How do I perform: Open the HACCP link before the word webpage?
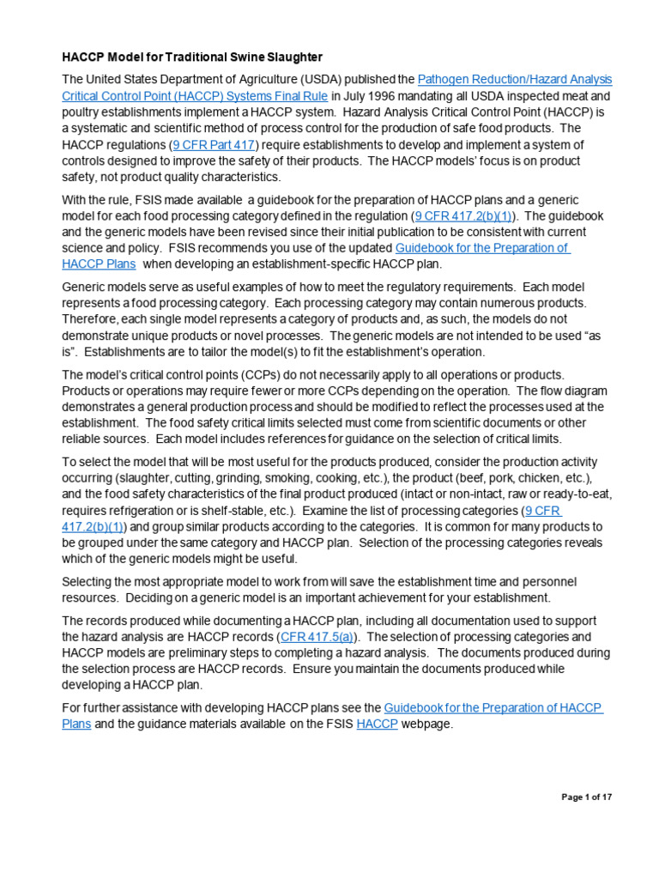click(x=378, y=724)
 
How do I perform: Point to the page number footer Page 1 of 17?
click(x=587, y=797)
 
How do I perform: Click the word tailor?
click(x=304, y=351)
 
